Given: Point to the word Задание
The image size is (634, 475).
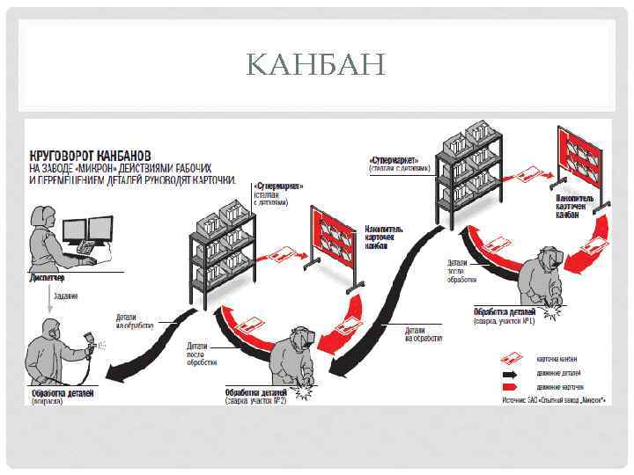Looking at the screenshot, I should pyautogui.click(x=66, y=295).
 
